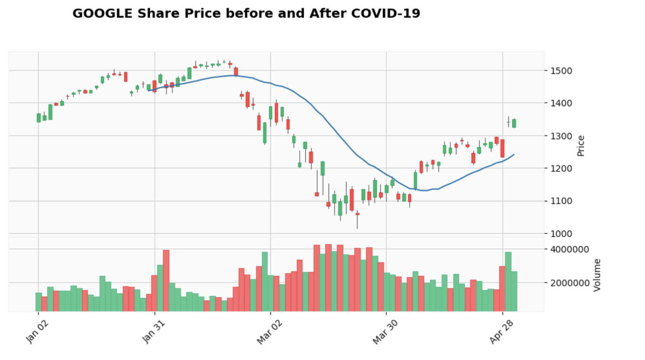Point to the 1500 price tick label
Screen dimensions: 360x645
coord(561,71)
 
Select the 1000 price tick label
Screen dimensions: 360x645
coord(561,234)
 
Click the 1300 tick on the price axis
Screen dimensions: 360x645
coord(561,136)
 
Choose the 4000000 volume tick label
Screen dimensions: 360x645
coord(569,250)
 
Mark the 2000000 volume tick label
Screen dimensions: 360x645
coord(569,283)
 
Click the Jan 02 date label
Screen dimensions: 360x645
coord(38,332)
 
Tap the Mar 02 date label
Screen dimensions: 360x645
coord(270,332)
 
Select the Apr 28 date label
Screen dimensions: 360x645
coord(501,332)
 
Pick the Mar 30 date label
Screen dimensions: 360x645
coord(385,332)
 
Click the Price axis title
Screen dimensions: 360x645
coord(581,146)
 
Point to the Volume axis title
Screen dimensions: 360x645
coord(597,275)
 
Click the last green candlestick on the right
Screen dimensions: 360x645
coord(514,123)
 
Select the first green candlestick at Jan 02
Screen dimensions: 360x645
coord(38,118)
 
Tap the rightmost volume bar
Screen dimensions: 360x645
coord(514,291)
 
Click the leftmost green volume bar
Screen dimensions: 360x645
coord(38,302)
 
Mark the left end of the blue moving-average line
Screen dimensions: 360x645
coord(149,91)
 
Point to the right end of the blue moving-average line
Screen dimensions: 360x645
coord(514,155)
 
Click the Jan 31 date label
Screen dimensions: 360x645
coord(154,332)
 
